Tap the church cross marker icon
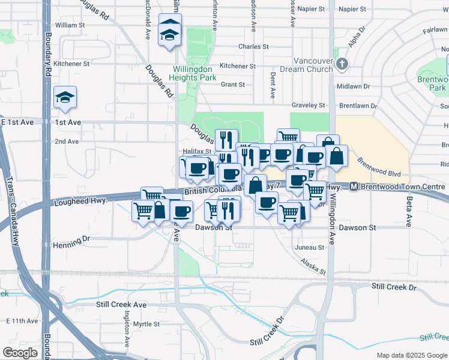tap(342, 63)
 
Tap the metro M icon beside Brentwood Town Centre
tap(355, 187)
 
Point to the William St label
tap(70, 25)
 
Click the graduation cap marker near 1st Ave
tap(65, 97)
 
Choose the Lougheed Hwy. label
tap(80, 202)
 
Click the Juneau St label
tap(310, 247)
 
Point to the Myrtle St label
tap(146, 324)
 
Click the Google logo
tap(20, 353)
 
